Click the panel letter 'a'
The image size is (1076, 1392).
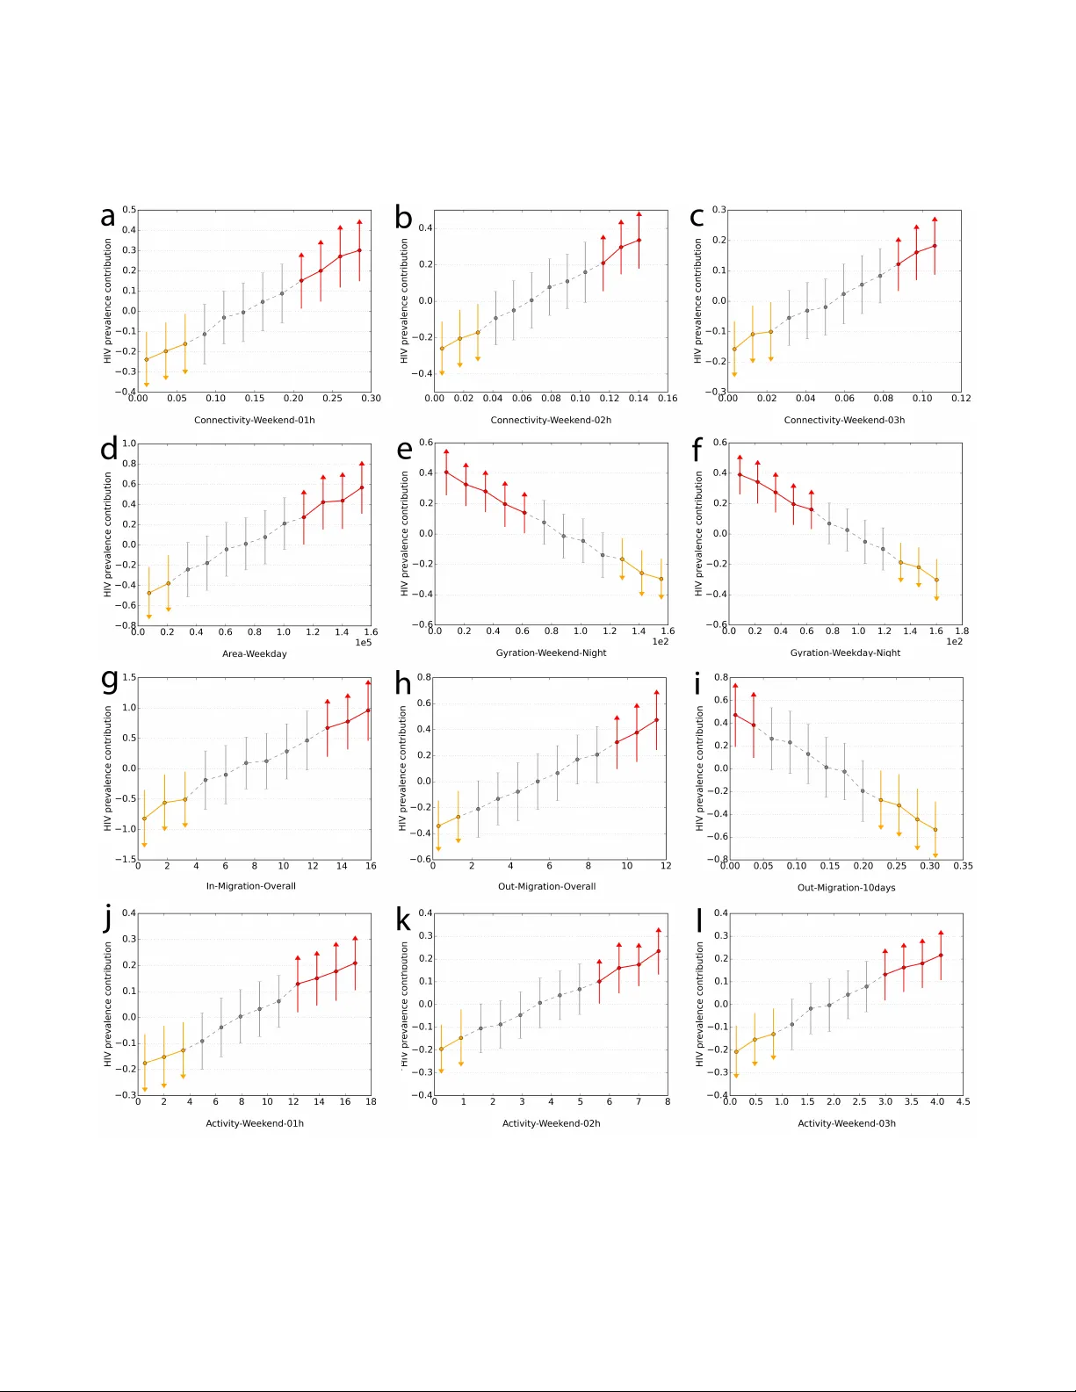[107, 217]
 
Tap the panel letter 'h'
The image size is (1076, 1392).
[403, 683]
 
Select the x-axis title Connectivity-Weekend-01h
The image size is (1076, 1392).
[254, 420]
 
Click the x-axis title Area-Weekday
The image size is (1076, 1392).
[254, 653]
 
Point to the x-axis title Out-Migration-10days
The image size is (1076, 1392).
[846, 887]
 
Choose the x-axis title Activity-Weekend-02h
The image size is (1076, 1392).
[551, 1123]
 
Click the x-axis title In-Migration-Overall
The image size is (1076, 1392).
[250, 886]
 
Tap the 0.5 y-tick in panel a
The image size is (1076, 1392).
[129, 210]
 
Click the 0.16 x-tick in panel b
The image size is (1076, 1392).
[668, 399]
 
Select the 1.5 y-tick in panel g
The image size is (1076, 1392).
[129, 677]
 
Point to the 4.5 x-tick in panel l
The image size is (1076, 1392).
[963, 1101]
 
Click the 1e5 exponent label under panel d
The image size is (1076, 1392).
[363, 643]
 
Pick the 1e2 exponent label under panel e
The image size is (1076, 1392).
[660, 642]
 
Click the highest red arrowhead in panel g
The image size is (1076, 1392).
[368, 682]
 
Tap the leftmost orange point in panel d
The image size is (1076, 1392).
[148, 593]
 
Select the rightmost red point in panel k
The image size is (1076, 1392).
[658, 951]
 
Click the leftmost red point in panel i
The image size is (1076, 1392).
[735, 715]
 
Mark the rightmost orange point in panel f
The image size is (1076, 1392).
[936, 580]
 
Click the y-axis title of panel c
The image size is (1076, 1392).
[698, 301]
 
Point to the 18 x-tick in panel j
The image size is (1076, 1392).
[371, 1101]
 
